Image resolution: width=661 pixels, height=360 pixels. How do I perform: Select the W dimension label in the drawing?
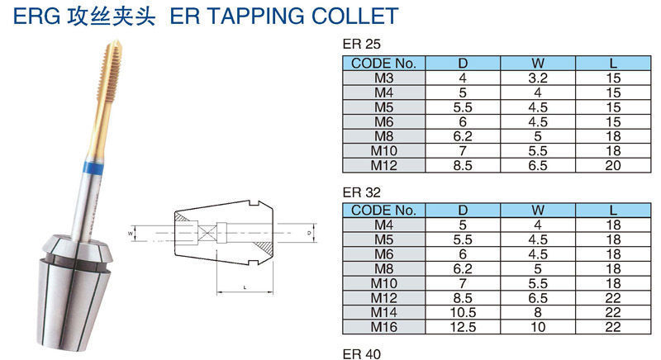pos(130,234)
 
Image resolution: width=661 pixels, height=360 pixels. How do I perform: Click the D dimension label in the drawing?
pos(307,234)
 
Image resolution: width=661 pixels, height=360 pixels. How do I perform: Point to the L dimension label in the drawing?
pos(245,287)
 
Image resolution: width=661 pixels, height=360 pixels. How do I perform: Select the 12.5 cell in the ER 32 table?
pos(463,329)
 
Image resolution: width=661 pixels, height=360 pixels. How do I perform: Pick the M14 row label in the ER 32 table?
pos(383,314)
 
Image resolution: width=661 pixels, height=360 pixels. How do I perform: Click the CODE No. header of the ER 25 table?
pos(383,63)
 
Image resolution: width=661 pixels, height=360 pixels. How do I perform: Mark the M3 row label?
pos(383,78)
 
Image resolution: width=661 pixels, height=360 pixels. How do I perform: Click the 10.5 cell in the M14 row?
pos(463,314)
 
